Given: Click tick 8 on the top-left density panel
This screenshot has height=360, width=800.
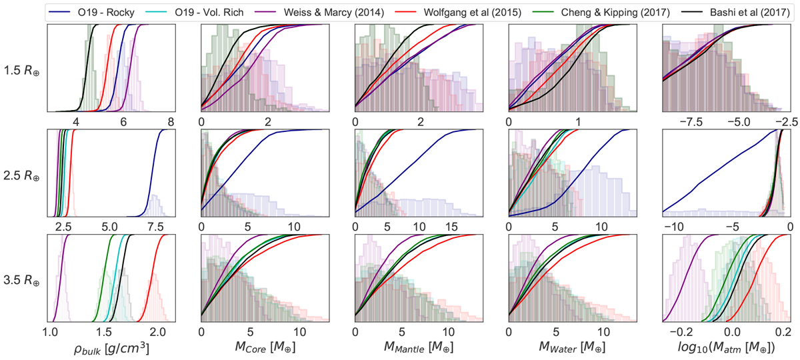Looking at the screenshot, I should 171,122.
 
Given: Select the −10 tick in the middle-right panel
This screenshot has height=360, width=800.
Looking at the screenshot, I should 674,227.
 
